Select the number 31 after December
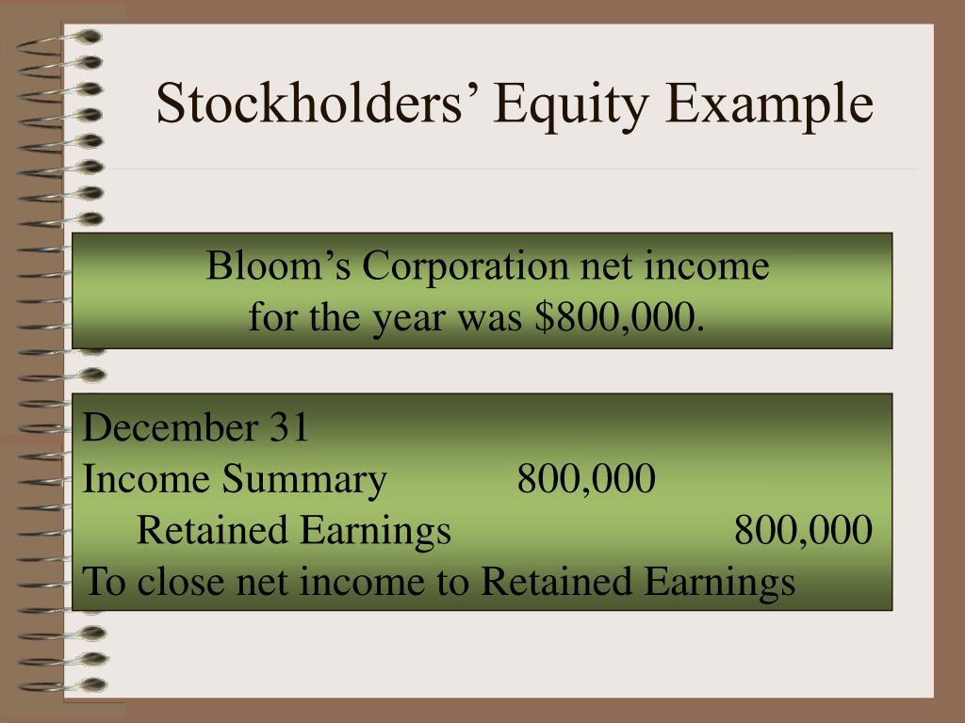[x=289, y=429]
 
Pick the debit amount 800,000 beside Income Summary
[x=585, y=481]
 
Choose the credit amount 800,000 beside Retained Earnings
[x=803, y=532]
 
